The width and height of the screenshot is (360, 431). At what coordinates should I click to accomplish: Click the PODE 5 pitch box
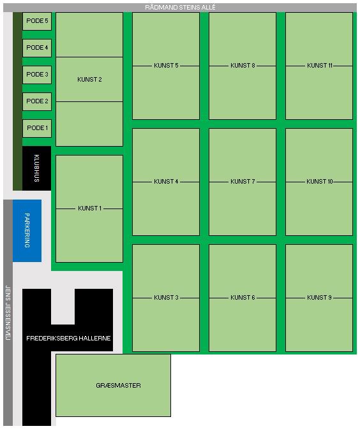[x=37, y=21]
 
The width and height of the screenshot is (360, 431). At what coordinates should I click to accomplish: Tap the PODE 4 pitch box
[x=37, y=48]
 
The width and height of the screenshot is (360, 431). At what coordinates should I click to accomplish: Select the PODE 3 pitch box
[x=37, y=75]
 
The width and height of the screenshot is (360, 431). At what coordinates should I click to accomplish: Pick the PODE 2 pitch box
[x=37, y=101]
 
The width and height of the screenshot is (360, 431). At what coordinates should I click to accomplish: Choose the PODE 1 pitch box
[x=37, y=128]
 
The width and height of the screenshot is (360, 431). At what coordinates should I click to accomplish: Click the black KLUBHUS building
[x=36, y=168]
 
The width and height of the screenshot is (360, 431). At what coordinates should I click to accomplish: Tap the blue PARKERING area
[x=27, y=231]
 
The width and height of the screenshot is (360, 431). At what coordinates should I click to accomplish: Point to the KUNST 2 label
[x=89, y=80]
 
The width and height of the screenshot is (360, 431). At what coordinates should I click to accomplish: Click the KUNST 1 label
[x=90, y=208]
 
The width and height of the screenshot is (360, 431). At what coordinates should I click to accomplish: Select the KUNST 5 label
[x=166, y=66]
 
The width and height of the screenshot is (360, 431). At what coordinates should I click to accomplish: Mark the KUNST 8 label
[x=243, y=66]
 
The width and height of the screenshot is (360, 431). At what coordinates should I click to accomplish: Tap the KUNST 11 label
[x=320, y=66]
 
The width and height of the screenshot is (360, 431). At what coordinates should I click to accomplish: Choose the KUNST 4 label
[x=166, y=182]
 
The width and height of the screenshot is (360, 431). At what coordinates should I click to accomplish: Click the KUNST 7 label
[x=243, y=182]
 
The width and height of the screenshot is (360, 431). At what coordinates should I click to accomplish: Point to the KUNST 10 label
[x=320, y=182]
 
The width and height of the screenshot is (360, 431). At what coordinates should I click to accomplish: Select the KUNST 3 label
[x=166, y=297]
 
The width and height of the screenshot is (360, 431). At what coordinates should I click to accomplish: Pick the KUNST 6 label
[x=243, y=297]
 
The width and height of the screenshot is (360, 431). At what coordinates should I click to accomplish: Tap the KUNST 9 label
[x=319, y=297]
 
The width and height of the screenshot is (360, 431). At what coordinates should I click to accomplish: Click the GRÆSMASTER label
[x=118, y=385]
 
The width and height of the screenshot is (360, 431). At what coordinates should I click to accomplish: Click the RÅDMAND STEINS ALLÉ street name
[x=180, y=8]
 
